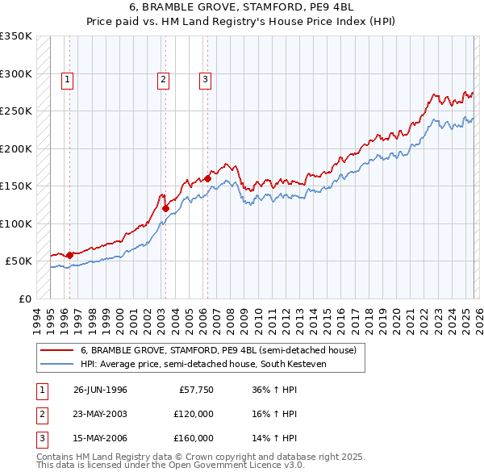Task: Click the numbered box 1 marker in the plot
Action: [x=66, y=79]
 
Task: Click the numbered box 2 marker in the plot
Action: [x=163, y=79]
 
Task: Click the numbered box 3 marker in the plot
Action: [x=206, y=79]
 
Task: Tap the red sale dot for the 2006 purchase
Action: [x=207, y=178]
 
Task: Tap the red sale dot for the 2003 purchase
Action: [x=165, y=208]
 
